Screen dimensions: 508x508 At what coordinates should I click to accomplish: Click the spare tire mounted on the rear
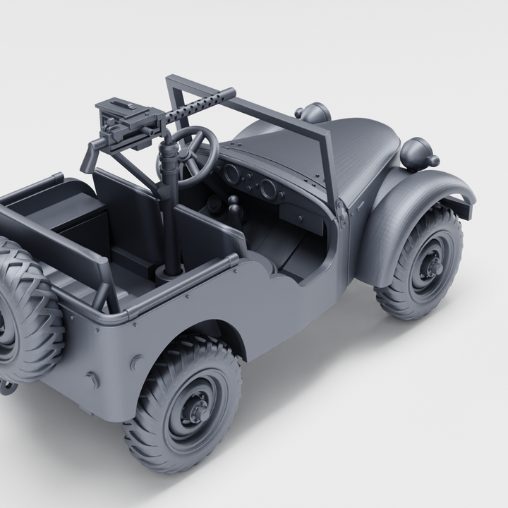(x=25, y=310)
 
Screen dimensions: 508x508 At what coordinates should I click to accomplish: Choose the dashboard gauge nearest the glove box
(x=267, y=189)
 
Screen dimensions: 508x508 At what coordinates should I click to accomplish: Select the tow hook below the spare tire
(x=7, y=386)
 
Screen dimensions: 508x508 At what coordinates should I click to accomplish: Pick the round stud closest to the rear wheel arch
(x=137, y=363)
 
